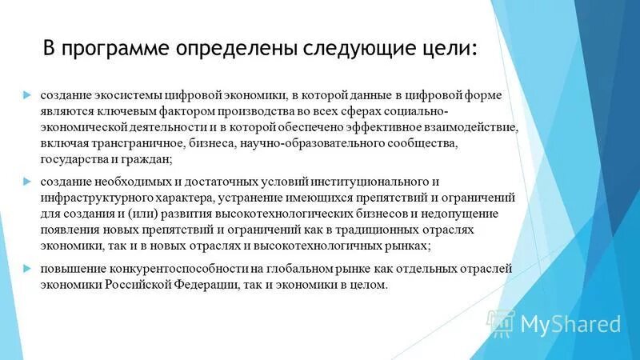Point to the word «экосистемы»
click(x=123, y=95)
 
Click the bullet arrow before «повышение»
click(x=26, y=268)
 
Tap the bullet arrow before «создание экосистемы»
click(x=26, y=95)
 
